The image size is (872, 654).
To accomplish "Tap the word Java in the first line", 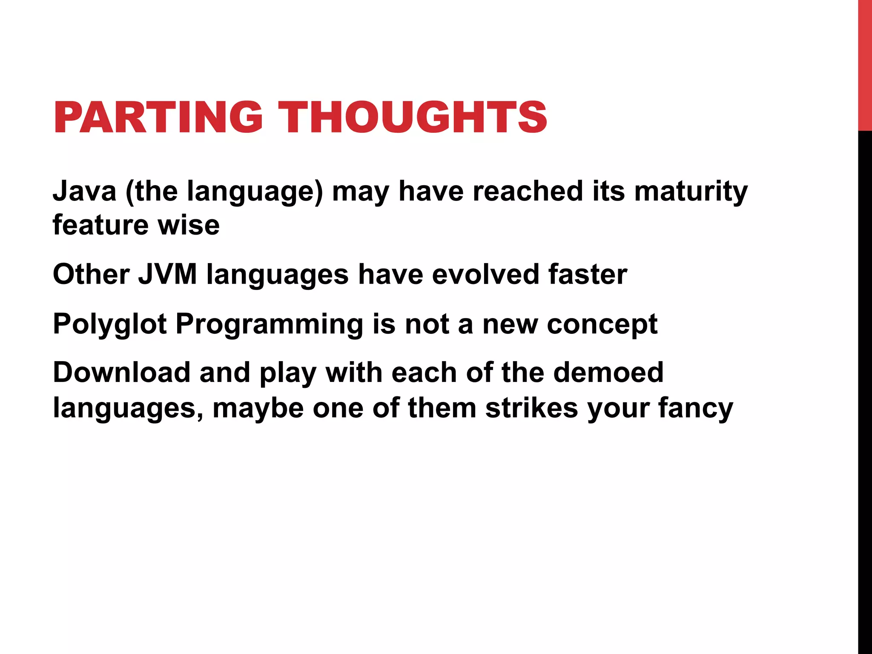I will coord(84,191).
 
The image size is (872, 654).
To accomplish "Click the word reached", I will coord(528,191).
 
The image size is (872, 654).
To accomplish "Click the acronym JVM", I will coord(167,274).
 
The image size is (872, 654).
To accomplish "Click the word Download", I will coord(121,373).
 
